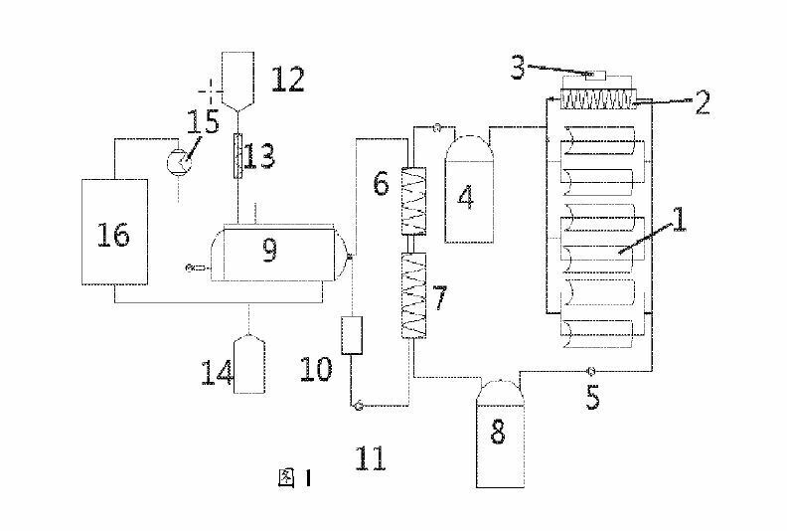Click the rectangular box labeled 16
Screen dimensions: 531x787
114,235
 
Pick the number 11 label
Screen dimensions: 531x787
370,458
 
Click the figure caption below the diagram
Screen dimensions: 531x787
295,479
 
